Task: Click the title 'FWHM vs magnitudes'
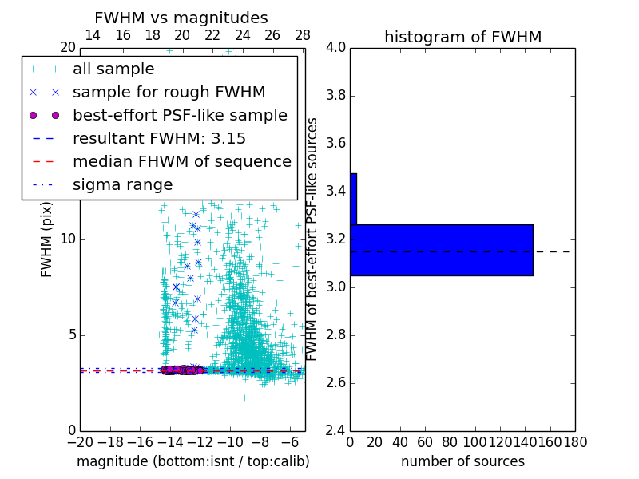click(x=181, y=18)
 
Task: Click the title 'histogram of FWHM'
click(x=462, y=37)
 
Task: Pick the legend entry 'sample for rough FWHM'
click(x=169, y=92)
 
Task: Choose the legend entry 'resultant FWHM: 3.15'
click(x=159, y=138)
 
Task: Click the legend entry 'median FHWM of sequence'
click(x=181, y=161)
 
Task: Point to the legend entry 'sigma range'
click(x=122, y=184)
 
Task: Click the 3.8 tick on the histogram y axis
click(x=336, y=96)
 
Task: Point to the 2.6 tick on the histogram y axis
click(x=336, y=382)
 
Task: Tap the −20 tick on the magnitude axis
click(x=80, y=441)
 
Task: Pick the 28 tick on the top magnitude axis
click(x=303, y=35)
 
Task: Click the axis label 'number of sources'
click(x=462, y=461)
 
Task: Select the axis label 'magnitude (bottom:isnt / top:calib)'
click(x=192, y=461)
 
